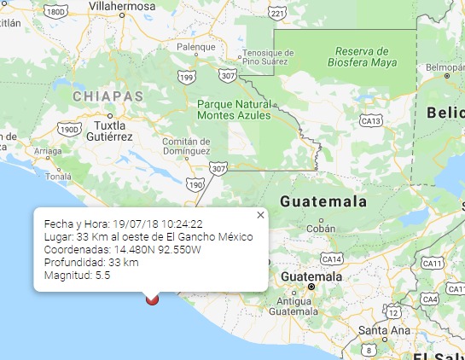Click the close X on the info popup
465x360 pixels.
coord(260,215)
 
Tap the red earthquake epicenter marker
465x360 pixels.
coord(153,299)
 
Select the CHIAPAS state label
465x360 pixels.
coord(108,96)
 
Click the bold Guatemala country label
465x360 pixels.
coord(323,202)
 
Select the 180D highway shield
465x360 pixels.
coord(56,12)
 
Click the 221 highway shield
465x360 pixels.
coord(277,15)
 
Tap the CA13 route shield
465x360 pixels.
coord(369,122)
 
